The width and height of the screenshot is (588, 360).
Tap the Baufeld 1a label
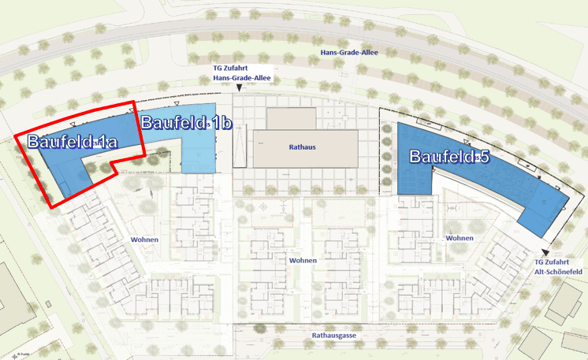[x=72, y=142]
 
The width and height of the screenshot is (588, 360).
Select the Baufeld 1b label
[x=186, y=122]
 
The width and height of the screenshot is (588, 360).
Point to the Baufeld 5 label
[x=449, y=157]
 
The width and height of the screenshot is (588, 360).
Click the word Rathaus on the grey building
[x=303, y=147]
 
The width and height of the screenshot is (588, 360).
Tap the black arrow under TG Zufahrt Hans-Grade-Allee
[x=240, y=88]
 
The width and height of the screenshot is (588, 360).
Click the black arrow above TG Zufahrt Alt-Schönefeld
[x=544, y=251]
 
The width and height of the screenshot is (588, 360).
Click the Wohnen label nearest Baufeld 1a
[x=145, y=239]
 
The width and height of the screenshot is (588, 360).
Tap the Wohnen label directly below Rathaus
[x=303, y=260]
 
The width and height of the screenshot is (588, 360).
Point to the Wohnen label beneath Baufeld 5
[x=460, y=238]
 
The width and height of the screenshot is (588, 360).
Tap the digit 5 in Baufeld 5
[x=483, y=157]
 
